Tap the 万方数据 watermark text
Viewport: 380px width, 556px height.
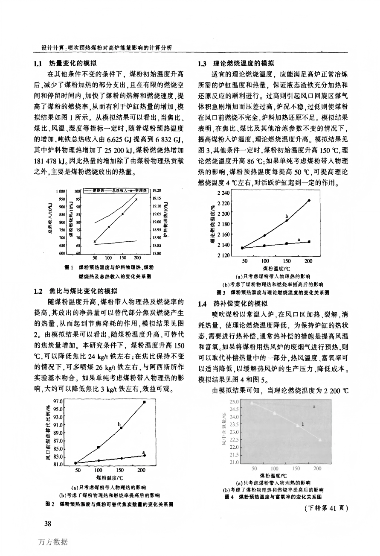pos(52,542)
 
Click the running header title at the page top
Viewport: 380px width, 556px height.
pos(103,47)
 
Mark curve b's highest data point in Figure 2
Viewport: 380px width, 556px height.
pos(144,402)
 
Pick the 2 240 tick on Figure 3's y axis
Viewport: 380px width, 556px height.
pos(223,193)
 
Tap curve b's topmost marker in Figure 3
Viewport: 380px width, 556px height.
pos(309,200)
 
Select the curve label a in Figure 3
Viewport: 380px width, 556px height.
pos(299,239)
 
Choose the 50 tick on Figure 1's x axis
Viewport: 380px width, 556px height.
pos(95,258)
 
